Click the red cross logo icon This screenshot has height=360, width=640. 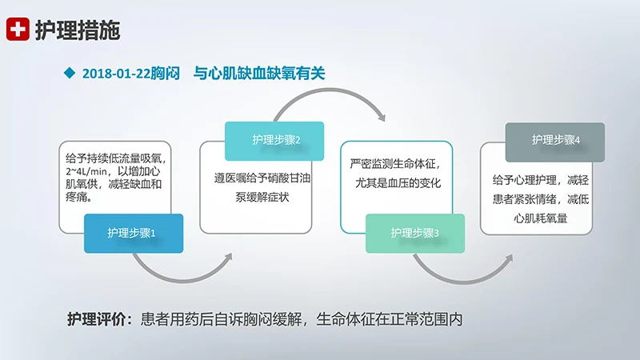click(18, 30)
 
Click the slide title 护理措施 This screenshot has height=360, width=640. click(78, 30)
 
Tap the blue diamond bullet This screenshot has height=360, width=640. click(68, 73)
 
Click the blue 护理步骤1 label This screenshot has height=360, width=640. click(133, 234)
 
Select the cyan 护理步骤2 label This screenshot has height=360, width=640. click(274, 141)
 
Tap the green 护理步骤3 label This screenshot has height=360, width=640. click(414, 234)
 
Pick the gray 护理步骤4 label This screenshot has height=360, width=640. click(555, 141)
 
